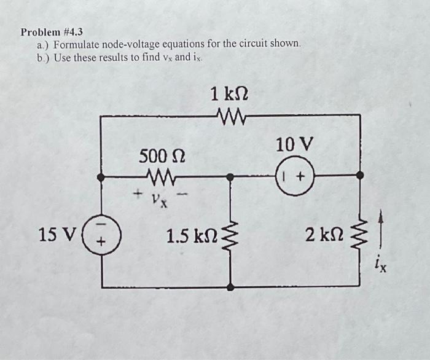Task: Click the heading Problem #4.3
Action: (52, 31)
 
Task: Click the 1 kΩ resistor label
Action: (229, 94)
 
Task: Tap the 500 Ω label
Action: (158, 155)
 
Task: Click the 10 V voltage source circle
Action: (294, 176)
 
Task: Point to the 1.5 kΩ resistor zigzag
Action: (231, 236)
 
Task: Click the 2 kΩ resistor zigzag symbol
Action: (361, 234)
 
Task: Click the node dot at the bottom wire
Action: (231, 286)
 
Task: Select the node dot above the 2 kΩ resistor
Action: (361, 176)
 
